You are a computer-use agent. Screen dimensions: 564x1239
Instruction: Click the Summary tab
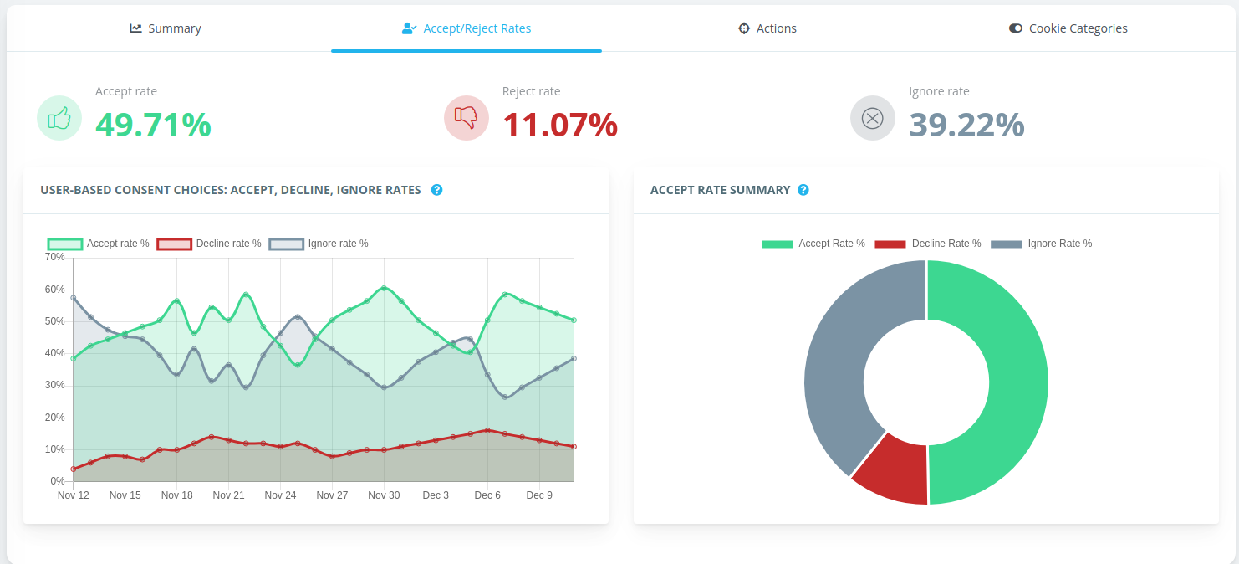click(x=166, y=28)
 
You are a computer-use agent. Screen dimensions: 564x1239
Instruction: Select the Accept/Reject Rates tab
click(x=467, y=28)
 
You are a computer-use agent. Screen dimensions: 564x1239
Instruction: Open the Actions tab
click(x=767, y=28)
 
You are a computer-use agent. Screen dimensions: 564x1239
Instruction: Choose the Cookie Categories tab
click(x=1068, y=28)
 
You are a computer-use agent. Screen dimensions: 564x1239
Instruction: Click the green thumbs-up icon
click(x=59, y=118)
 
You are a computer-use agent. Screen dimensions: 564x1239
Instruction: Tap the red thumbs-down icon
click(x=466, y=118)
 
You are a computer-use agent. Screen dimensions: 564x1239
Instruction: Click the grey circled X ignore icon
click(x=872, y=118)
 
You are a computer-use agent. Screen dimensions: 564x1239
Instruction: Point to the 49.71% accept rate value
click(x=153, y=125)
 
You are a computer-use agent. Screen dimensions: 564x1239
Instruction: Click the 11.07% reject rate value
click(x=560, y=125)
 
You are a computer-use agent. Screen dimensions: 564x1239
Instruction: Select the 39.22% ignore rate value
click(x=966, y=125)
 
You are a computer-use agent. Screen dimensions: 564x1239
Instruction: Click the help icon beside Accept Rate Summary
click(x=803, y=190)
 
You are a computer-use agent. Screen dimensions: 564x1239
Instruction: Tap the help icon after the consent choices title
click(x=436, y=190)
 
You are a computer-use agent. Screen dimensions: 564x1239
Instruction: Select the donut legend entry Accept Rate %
click(x=813, y=244)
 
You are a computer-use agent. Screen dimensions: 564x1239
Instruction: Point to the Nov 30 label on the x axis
click(x=384, y=495)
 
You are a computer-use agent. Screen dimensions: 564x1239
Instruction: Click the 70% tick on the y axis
click(x=54, y=257)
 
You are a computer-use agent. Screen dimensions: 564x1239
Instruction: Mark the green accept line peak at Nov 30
click(x=384, y=288)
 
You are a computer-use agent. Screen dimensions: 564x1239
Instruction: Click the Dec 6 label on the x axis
click(x=487, y=495)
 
